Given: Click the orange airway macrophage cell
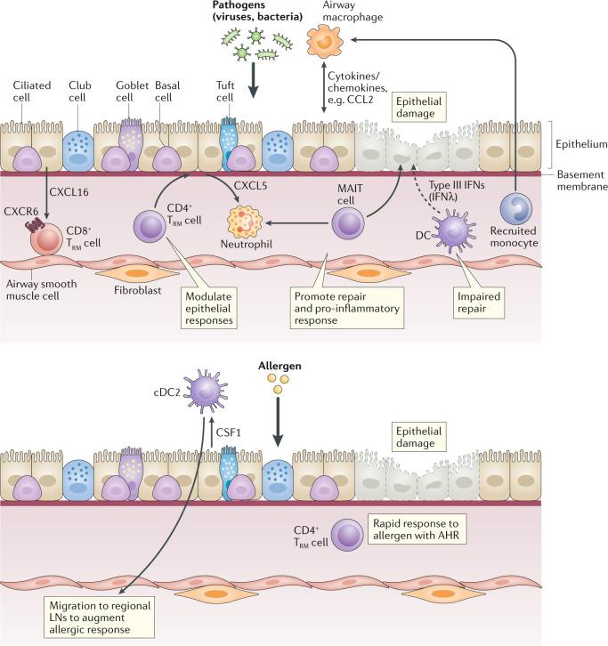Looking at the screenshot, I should point(326,42).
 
